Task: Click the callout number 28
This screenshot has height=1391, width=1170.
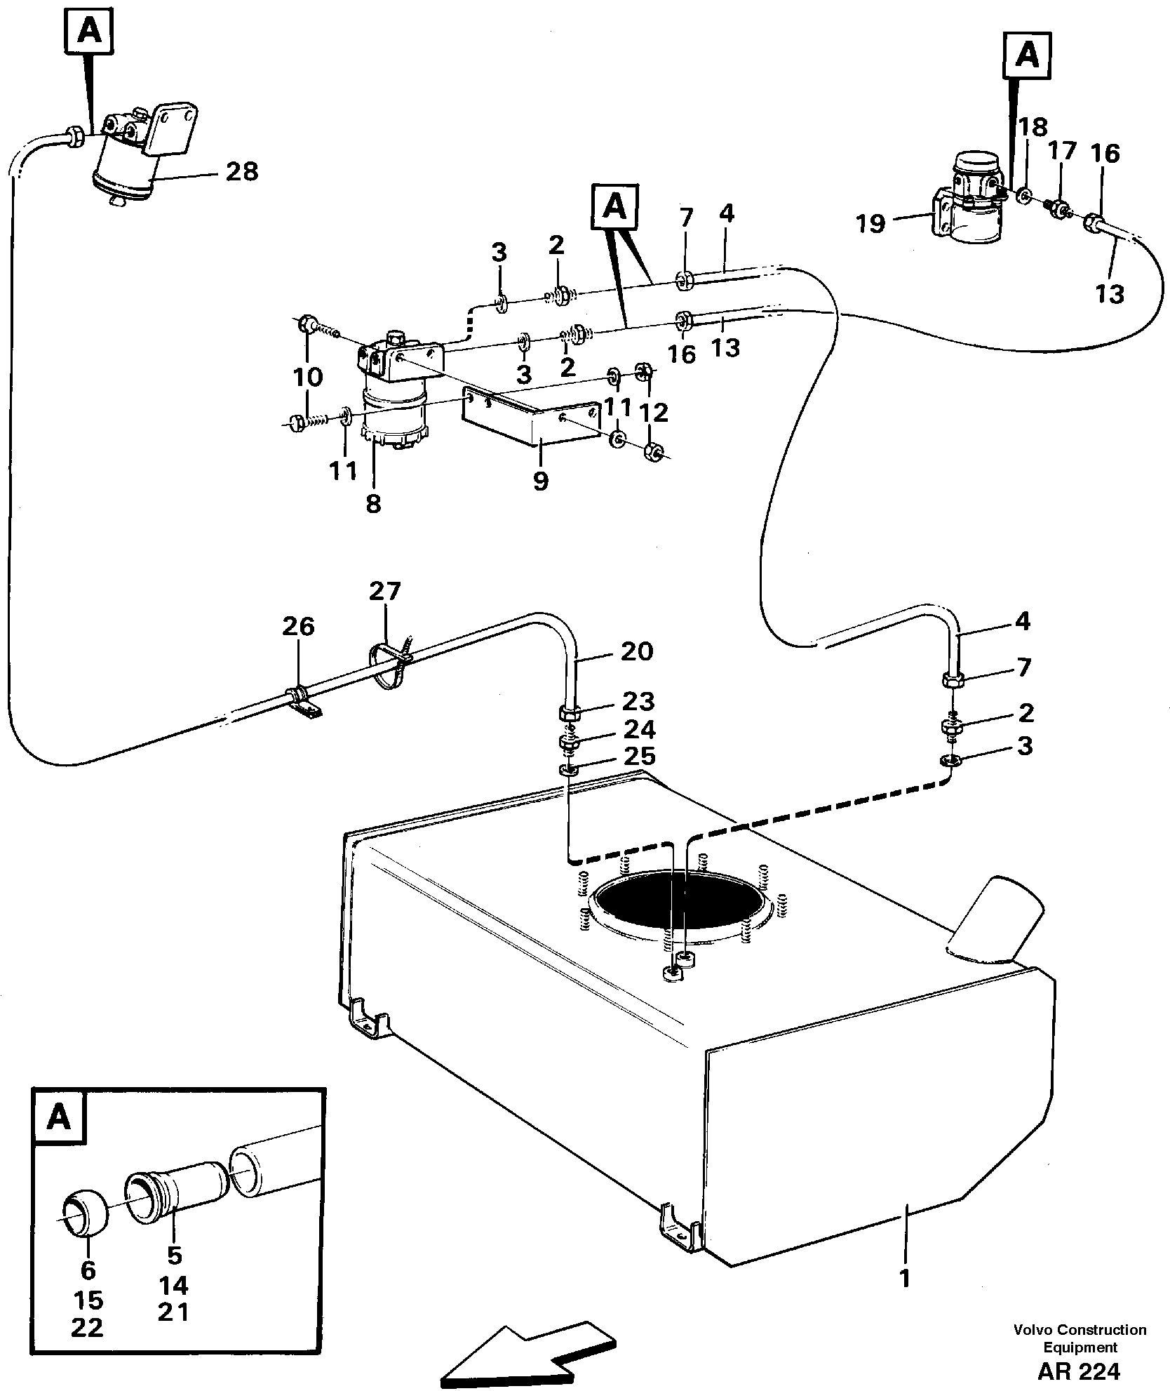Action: tap(242, 171)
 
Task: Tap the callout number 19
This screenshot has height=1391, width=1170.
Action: tap(870, 224)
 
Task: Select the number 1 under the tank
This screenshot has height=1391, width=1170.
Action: tap(905, 1279)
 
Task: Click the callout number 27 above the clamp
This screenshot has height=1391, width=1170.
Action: tap(385, 592)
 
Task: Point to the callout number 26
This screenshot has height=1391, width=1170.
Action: tap(298, 626)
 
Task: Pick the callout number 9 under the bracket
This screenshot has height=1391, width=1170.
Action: tap(540, 482)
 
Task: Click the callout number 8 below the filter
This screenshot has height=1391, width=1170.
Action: tap(373, 503)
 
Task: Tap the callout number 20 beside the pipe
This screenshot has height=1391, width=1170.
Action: tap(637, 651)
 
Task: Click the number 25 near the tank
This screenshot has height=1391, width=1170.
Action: tap(638, 756)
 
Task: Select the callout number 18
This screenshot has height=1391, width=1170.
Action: tap(1033, 127)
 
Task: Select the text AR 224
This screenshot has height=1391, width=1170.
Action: tap(1078, 1369)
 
